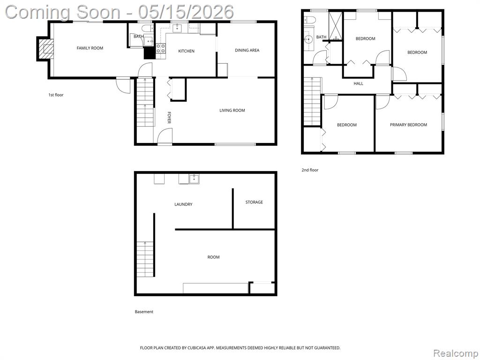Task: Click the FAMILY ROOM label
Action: [90, 48]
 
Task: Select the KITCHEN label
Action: [186, 51]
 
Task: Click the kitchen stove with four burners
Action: [161, 48]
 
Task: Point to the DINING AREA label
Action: [247, 50]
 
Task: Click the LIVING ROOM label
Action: [232, 111]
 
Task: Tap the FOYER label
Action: [169, 118]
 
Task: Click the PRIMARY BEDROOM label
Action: [408, 125]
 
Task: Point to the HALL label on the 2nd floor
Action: [359, 83]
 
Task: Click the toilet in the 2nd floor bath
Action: [309, 19]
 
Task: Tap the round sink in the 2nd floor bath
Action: [308, 39]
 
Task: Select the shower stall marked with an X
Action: [335, 26]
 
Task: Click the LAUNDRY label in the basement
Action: [183, 204]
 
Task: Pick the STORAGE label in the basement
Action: [254, 202]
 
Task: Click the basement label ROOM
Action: [213, 257]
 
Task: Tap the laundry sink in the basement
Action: [194, 179]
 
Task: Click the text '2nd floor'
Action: [310, 170]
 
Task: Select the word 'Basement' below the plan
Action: [144, 312]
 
